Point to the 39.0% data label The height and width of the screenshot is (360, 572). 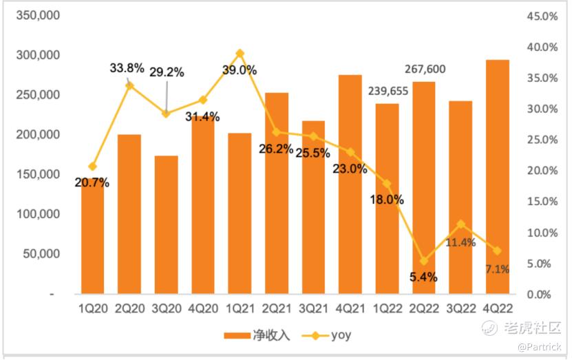(x=240, y=70)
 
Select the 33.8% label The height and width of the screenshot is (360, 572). (x=127, y=67)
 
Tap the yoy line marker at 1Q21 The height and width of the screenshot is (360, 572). (x=240, y=53)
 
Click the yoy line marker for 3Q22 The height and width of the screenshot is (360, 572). (x=460, y=224)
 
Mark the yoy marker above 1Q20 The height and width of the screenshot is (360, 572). (x=92, y=167)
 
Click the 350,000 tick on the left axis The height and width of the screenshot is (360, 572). (x=37, y=15)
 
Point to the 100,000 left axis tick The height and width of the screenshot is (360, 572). (x=37, y=215)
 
